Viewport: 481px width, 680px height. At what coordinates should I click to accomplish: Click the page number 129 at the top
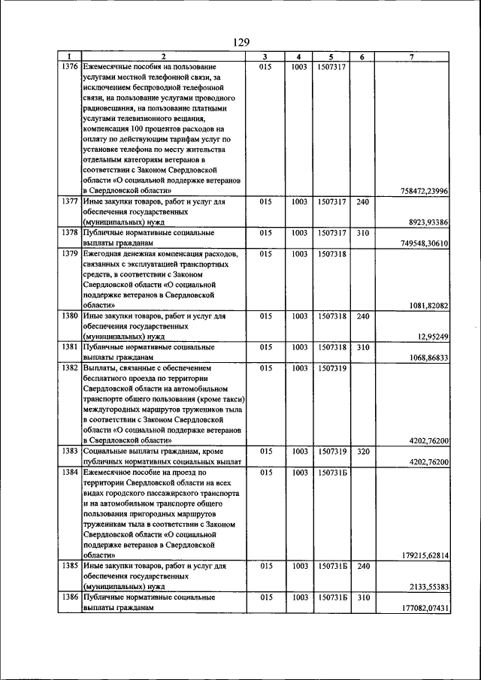240,42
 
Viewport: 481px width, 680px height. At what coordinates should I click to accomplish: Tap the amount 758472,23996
422,192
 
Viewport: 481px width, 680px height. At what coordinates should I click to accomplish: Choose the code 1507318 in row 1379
331,255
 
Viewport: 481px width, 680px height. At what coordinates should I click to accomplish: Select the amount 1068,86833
425,358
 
